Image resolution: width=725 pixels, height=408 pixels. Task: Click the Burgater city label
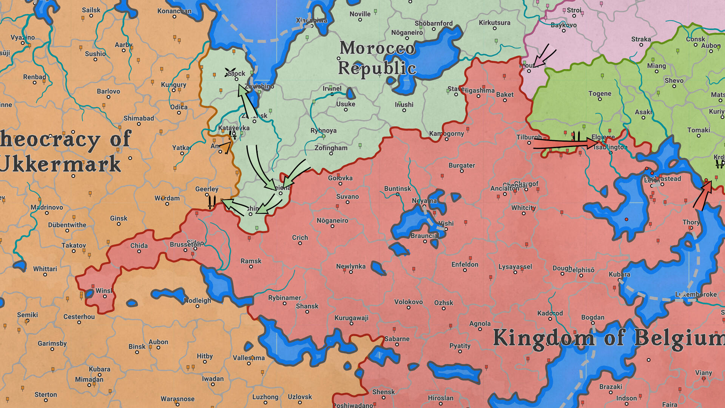(x=461, y=165)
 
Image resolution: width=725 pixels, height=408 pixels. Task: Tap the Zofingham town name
(x=331, y=148)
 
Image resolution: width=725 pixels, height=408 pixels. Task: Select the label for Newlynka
(x=350, y=266)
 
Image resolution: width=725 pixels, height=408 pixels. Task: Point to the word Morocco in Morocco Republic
(x=377, y=48)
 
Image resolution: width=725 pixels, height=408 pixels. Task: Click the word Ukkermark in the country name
(x=60, y=164)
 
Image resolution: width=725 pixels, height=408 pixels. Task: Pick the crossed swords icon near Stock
(x=229, y=72)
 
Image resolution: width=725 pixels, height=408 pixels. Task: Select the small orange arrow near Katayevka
(x=226, y=147)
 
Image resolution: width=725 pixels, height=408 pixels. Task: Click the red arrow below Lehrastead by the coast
(x=703, y=195)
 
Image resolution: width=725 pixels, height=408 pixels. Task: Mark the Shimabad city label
(x=139, y=118)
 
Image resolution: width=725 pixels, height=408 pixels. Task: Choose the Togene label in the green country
(x=599, y=94)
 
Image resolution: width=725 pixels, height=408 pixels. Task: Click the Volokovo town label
(x=408, y=302)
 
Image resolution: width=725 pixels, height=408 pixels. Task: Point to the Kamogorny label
(x=446, y=134)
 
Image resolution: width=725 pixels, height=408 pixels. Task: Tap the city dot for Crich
(x=300, y=243)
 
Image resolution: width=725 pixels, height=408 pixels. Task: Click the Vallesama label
(x=248, y=358)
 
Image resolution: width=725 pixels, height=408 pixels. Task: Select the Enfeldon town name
(x=464, y=264)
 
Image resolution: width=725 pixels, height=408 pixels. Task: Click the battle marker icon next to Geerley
(x=212, y=202)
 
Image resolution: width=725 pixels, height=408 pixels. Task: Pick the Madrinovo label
(x=46, y=207)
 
